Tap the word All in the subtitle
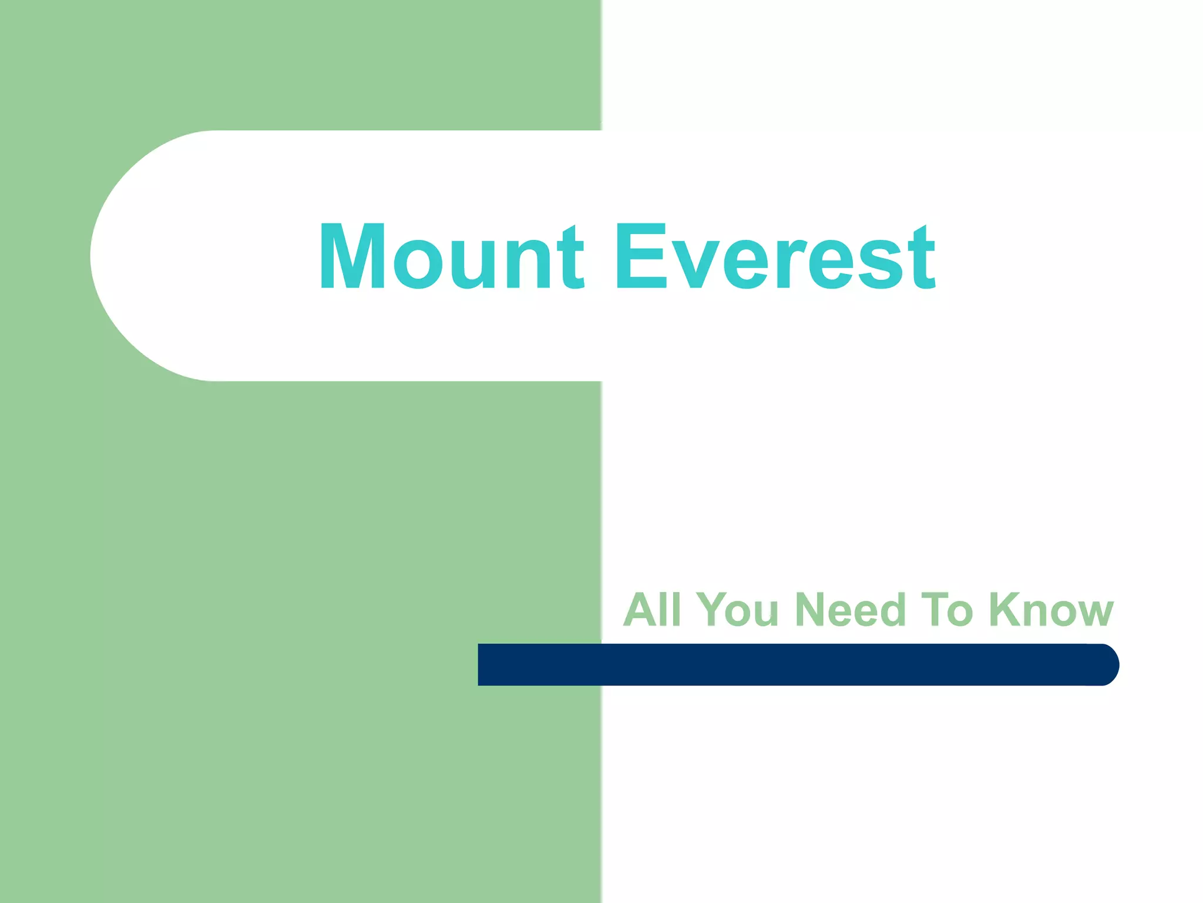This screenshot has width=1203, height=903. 651,609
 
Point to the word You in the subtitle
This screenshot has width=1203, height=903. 737,609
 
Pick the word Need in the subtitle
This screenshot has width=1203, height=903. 850,609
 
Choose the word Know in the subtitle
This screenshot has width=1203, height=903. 1051,609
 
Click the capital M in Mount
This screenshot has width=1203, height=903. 352,256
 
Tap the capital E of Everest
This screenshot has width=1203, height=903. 641,256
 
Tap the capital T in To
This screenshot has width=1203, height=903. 935,609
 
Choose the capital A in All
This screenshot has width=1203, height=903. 640,609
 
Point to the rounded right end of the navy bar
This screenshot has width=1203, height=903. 1107,664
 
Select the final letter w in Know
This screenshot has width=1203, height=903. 1093,614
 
